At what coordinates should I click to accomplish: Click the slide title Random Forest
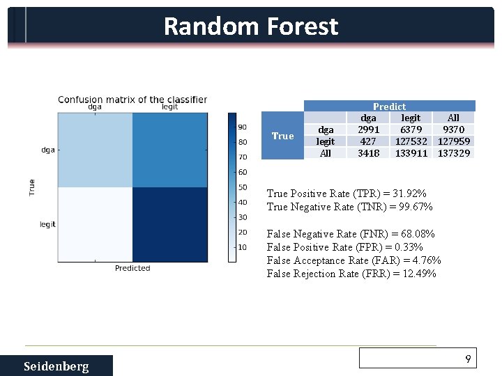(251, 26)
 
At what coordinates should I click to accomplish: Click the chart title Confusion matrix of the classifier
(132, 99)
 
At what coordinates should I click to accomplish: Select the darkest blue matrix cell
(169, 224)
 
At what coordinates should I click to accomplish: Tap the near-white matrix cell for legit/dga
(95, 224)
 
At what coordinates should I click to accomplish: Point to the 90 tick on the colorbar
(243, 127)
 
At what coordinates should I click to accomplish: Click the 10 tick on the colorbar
(243, 247)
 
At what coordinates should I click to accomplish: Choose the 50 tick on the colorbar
(243, 187)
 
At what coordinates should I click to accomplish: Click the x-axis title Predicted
(132, 268)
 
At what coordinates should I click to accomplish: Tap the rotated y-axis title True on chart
(31, 187)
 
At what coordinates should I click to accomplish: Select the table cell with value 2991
(368, 130)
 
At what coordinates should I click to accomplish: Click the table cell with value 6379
(411, 130)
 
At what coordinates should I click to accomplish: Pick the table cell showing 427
(368, 141)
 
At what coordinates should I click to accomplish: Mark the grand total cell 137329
(453, 153)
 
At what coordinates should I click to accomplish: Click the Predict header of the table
(389, 107)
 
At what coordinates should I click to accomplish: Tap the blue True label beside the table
(282, 136)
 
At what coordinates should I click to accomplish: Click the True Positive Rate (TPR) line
(347, 194)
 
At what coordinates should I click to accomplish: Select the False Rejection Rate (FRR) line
(351, 274)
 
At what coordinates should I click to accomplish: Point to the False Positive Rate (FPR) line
(345, 247)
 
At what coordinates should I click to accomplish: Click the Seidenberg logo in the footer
(56, 366)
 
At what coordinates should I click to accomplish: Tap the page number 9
(469, 359)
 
